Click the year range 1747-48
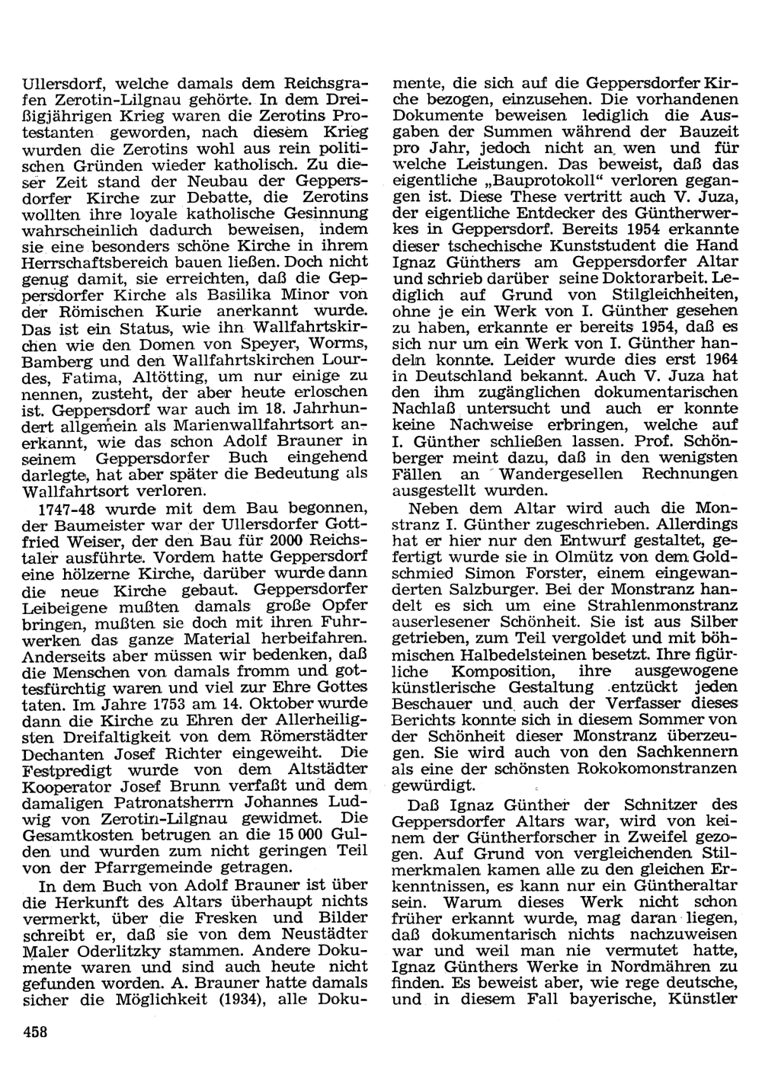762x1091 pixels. pos(69,508)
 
